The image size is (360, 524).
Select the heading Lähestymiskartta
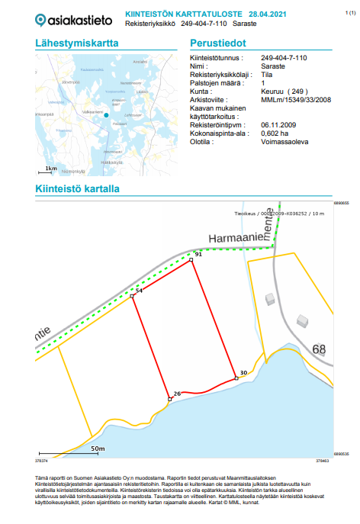[x=77, y=43]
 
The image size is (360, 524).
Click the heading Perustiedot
[x=218, y=43]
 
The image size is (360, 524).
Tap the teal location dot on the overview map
[x=107, y=115]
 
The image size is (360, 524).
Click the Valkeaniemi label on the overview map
[x=93, y=114]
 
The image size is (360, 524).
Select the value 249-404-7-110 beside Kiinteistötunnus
[x=284, y=58]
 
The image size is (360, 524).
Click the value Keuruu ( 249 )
[x=281, y=89]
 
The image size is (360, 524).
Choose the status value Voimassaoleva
[x=284, y=140]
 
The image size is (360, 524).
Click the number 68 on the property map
[x=318, y=350]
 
